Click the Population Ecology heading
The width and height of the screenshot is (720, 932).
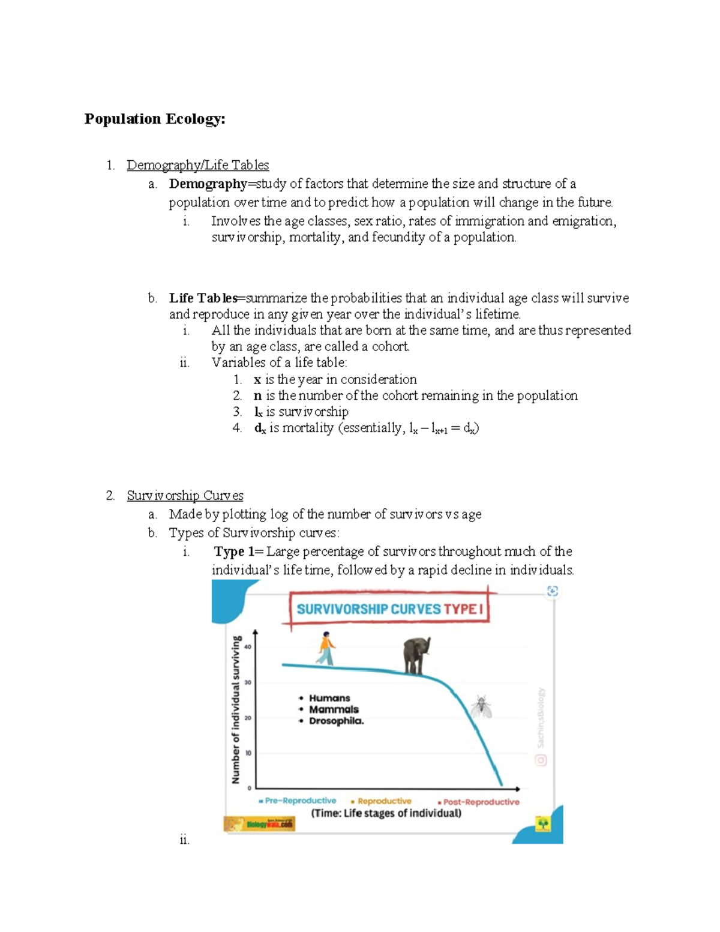[x=155, y=119]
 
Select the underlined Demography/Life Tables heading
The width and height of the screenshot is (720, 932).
[x=197, y=165]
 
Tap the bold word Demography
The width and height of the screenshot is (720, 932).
[x=208, y=184]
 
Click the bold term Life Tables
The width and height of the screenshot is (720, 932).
[x=203, y=298]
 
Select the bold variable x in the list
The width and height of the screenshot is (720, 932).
[x=257, y=379]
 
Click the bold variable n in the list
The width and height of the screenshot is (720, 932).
[x=257, y=395]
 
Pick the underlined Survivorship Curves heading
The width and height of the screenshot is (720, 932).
[x=185, y=496]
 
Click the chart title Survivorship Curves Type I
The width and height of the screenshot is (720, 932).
[x=389, y=609]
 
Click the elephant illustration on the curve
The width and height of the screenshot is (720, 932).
[x=416, y=656]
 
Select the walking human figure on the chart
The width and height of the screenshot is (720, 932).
[x=326, y=649]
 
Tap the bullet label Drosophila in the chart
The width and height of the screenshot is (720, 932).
[x=336, y=721]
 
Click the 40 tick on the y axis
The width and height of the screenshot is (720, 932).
[x=248, y=647]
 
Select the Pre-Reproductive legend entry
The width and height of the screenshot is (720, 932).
[x=299, y=801]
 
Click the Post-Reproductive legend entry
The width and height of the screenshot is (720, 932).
[x=480, y=802]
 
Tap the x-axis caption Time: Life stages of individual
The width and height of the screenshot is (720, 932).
[x=386, y=813]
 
